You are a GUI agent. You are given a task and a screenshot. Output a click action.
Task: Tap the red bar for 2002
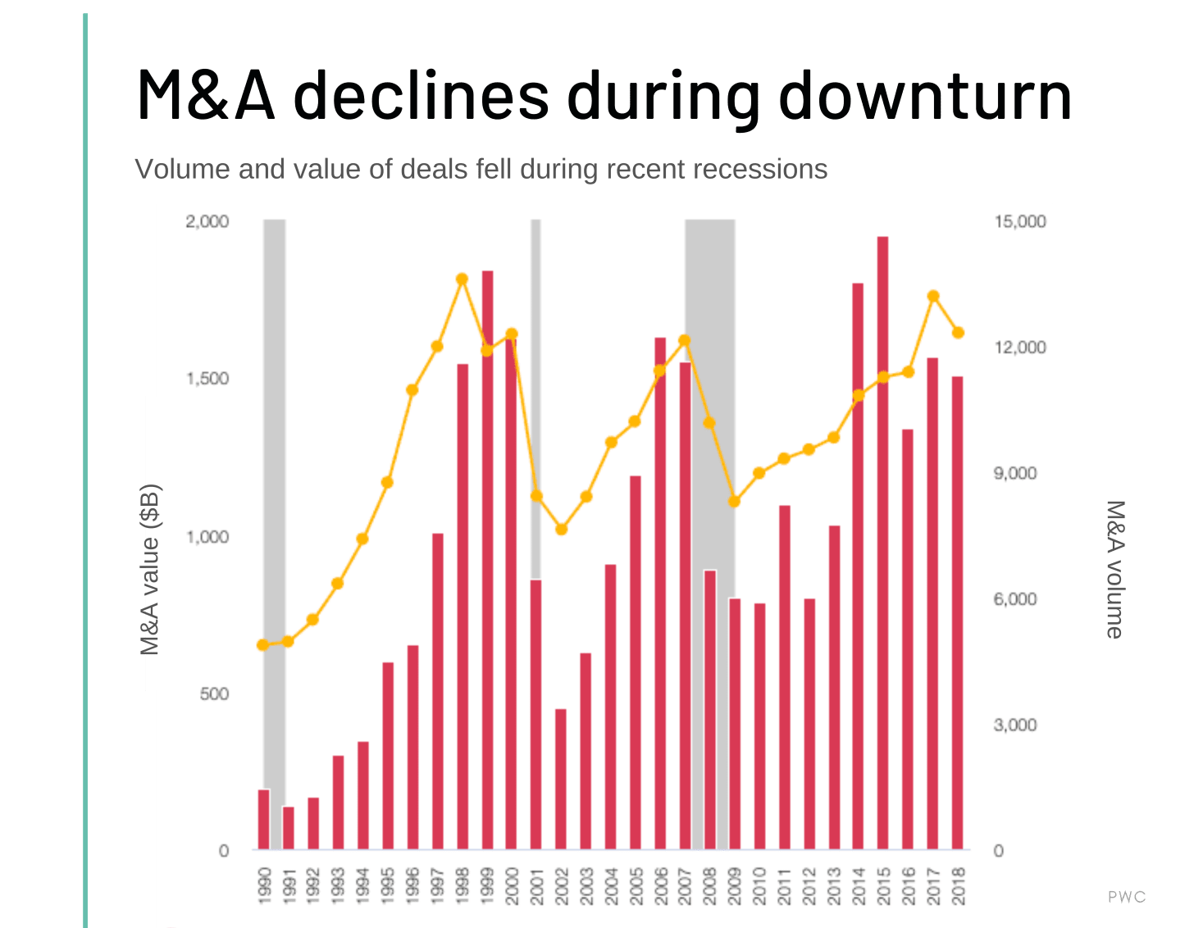click(x=561, y=779)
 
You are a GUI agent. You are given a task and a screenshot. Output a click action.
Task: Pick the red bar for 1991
click(x=288, y=828)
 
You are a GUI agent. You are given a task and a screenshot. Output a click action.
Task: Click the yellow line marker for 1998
click(x=462, y=280)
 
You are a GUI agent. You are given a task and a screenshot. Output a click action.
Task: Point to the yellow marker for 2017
click(x=933, y=297)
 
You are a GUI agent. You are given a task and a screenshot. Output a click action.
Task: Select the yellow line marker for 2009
click(x=735, y=502)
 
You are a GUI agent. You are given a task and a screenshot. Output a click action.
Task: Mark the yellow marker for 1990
click(x=263, y=645)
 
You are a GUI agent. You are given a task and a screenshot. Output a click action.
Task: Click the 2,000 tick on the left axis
click(x=207, y=221)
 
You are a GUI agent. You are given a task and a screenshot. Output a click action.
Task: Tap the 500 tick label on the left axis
click(x=214, y=694)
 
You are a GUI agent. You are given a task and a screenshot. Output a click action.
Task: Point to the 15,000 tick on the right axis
click(x=1020, y=221)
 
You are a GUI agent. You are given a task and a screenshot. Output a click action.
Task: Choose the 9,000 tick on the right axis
click(x=1015, y=473)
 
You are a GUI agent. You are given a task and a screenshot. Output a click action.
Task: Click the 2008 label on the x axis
click(x=710, y=886)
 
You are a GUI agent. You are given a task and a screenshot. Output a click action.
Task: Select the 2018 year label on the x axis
click(x=959, y=886)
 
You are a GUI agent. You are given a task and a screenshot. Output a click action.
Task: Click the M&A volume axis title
click(x=1114, y=569)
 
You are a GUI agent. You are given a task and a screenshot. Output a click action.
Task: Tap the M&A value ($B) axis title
click(x=150, y=570)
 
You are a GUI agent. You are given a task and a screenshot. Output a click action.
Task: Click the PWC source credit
click(x=1127, y=897)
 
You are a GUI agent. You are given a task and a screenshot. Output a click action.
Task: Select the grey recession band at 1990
click(x=275, y=492)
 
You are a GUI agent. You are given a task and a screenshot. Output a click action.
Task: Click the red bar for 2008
click(x=710, y=710)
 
